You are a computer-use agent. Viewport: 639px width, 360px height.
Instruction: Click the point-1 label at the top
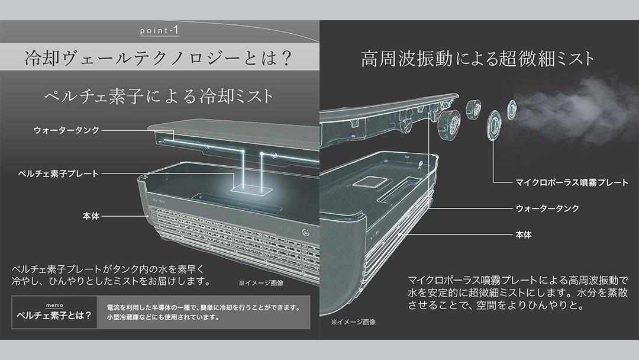[x=159, y=31]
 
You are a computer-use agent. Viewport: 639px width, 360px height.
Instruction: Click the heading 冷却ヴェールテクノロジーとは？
[x=158, y=58]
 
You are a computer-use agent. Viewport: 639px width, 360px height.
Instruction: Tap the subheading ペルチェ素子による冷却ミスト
[x=159, y=97]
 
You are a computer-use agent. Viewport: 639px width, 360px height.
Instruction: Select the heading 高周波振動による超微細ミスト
[x=477, y=58]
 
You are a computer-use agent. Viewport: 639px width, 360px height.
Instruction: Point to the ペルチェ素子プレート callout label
[x=59, y=173]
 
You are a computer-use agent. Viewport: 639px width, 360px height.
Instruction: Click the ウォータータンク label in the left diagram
[x=66, y=130]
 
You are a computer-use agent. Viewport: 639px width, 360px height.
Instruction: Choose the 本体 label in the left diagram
[x=91, y=216]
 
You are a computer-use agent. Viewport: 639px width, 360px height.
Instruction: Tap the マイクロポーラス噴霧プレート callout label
[x=572, y=182]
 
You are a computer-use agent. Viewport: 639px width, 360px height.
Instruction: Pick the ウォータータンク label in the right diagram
[x=547, y=208]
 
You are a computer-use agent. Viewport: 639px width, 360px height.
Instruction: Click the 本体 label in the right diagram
[x=524, y=235]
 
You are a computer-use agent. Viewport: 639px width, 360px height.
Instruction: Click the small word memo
[x=54, y=306]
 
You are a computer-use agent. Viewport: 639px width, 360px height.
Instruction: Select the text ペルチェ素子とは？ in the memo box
[x=54, y=315]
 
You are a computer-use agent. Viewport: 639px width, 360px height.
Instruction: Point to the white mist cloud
[x=575, y=110]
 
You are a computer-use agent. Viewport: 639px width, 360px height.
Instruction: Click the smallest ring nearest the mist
[x=511, y=110]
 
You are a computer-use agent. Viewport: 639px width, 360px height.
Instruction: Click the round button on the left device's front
[x=305, y=233]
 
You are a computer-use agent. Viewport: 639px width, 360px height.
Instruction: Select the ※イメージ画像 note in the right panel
[x=353, y=322]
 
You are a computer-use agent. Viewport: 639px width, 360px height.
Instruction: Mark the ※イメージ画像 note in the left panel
[x=261, y=283]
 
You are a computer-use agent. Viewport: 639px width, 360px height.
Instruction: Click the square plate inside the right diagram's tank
[x=370, y=182]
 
